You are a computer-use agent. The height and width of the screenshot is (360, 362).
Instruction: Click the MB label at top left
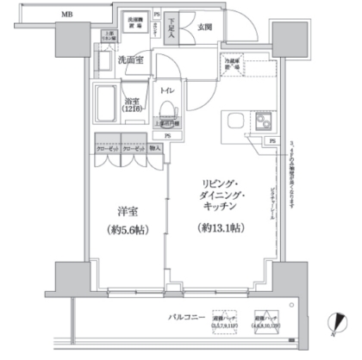(x=66, y=15)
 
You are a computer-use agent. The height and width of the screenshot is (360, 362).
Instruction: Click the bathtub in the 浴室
(x=106, y=105)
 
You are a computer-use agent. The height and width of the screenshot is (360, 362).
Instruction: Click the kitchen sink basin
(x=234, y=120)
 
